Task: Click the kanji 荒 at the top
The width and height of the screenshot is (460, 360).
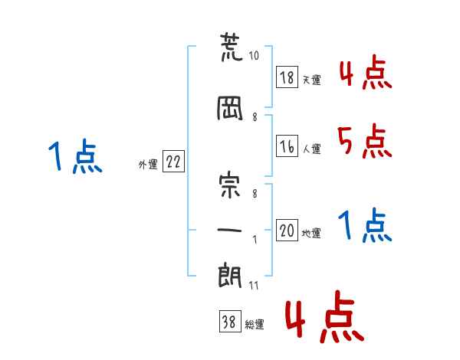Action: click(232, 47)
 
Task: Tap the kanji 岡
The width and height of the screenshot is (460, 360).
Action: click(230, 108)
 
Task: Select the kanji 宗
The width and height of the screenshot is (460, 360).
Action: click(230, 186)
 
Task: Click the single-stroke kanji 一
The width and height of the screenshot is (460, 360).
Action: click(229, 230)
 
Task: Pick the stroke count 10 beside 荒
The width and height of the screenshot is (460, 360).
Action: click(254, 56)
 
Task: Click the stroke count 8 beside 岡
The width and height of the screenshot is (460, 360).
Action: click(255, 117)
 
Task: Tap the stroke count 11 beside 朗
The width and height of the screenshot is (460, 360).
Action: click(254, 286)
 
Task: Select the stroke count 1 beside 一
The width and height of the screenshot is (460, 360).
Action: click(255, 240)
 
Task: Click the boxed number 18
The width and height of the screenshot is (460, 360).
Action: click(287, 77)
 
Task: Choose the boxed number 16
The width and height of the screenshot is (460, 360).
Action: click(287, 146)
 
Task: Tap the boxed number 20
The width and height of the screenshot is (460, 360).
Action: click(287, 230)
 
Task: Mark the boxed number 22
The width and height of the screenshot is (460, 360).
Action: click(174, 162)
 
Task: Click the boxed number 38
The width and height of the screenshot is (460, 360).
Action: click(231, 321)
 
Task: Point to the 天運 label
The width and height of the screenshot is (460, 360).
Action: click(311, 80)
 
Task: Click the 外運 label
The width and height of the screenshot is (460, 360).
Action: click(148, 165)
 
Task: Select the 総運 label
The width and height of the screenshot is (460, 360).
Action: click(255, 325)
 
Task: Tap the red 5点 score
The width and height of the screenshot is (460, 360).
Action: click(365, 141)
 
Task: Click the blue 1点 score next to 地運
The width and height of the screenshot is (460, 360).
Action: click(365, 225)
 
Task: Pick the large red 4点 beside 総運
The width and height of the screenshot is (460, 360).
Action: click(325, 316)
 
